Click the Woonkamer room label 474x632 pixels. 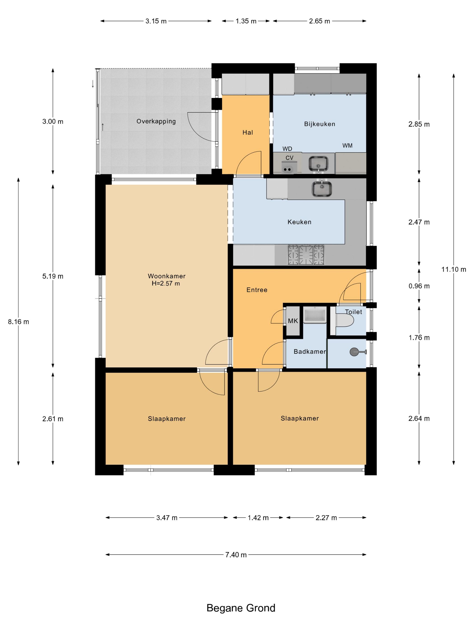[x=167, y=276]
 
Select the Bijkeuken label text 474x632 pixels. [x=319, y=124]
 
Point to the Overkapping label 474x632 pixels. [x=156, y=121]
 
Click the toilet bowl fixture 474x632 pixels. [x=344, y=320]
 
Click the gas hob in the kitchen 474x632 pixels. [x=306, y=255]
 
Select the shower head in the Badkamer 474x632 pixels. [x=358, y=352]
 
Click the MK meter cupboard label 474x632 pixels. [x=293, y=321]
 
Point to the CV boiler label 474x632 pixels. [x=289, y=158]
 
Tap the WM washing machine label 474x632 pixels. [x=347, y=146]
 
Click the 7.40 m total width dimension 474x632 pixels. [x=236, y=555]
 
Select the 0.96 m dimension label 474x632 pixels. [x=419, y=286]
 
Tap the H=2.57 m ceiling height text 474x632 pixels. [x=166, y=283]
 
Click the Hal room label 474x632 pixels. [x=248, y=132]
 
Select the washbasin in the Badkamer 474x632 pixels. [x=315, y=315]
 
